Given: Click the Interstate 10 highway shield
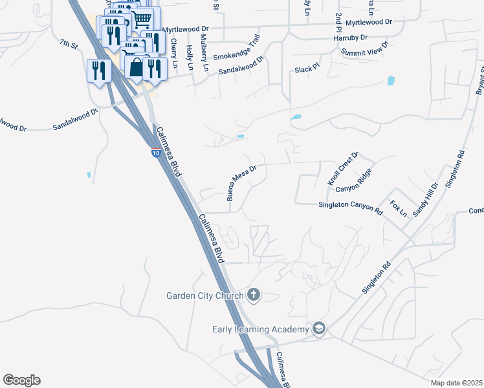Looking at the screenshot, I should pos(156,153).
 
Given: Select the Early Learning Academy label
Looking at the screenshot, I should pos(260,329).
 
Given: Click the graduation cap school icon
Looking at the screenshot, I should pos(318,329).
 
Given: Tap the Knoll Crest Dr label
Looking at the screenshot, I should pos(343,169).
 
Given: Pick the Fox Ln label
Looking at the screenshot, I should pos(399,208).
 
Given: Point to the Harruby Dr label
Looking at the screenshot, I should pos(351,38).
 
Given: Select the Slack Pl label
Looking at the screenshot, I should pos(307,69).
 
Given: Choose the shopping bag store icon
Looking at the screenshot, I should pos(137,67).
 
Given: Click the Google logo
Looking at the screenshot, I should pos(21,380).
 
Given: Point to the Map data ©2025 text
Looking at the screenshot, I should pos(456,383).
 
